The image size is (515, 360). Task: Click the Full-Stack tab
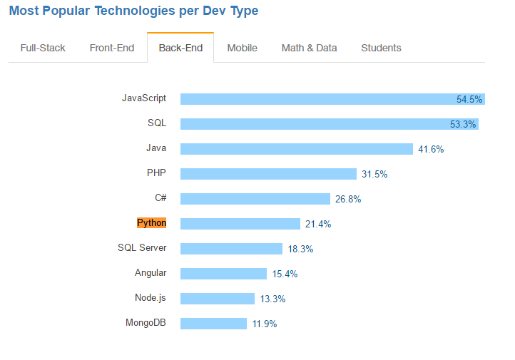tap(43, 48)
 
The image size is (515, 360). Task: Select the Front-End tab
tap(112, 48)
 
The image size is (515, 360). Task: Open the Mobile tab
tap(243, 48)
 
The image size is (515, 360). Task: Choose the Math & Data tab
tap(309, 48)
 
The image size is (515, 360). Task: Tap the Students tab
tap(381, 48)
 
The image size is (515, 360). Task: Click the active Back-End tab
tap(180, 48)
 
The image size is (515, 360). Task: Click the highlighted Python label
tap(151, 223)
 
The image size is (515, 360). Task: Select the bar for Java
tap(296, 149)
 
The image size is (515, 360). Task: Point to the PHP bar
tap(268, 174)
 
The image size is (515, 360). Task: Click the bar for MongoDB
tap(213, 324)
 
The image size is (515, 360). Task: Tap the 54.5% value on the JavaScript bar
tap(469, 100)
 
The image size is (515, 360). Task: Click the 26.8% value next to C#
tap(348, 200)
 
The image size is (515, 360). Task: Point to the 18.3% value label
tap(300, 250)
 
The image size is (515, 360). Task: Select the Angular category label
tap(151, 273)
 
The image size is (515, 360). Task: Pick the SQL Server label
tap(142, 248)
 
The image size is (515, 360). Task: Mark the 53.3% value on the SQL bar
tap(463, 125)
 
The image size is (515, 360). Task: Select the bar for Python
tap(240, 224)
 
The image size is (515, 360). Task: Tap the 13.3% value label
tap(272, 299)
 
